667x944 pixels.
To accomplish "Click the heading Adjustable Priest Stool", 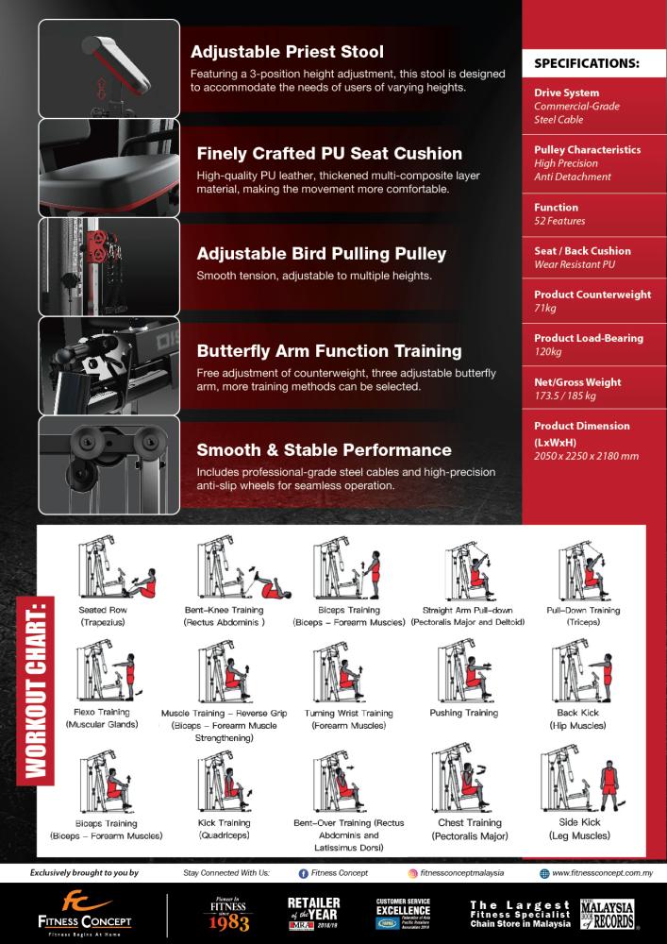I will click(x=287, y=52).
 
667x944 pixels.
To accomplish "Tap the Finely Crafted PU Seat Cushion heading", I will click(x=329, y=154).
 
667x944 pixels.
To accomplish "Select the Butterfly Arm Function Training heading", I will click(x=329, y=351).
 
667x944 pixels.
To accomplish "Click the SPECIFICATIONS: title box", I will click(x=587, y=64).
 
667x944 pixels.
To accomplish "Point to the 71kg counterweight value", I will click(x=544, y=309).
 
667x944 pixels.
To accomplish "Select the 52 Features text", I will click(x=560, y=221).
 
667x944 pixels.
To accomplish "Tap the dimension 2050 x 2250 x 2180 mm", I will click(x=586, y=456).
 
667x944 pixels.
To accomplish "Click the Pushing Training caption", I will click(x=463, y=713).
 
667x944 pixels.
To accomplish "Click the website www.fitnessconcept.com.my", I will click(x=598, y=874).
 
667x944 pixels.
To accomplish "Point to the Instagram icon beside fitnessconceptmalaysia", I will click(x=413, y=874).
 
